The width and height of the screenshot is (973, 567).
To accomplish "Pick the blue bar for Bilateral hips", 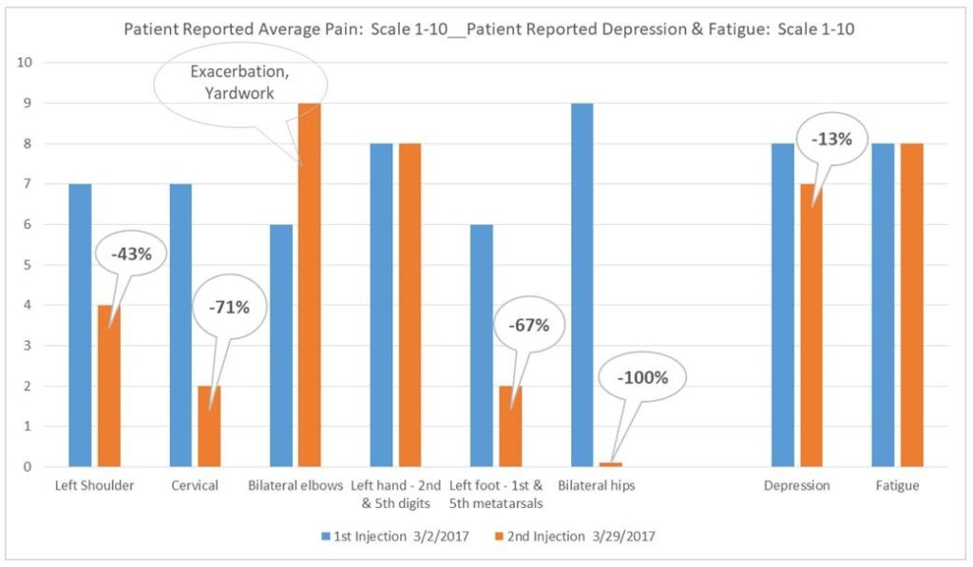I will (582, 285).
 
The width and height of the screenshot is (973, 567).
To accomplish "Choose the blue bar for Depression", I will (783, 304).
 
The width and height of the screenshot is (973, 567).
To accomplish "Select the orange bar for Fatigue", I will (911, 304).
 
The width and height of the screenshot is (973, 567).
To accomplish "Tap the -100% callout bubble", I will (643, 377).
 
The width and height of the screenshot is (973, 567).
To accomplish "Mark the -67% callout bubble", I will (528, 325).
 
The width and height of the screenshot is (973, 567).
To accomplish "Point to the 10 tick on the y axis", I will (26, 63).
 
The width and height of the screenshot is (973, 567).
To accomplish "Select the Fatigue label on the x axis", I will (898, 485).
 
